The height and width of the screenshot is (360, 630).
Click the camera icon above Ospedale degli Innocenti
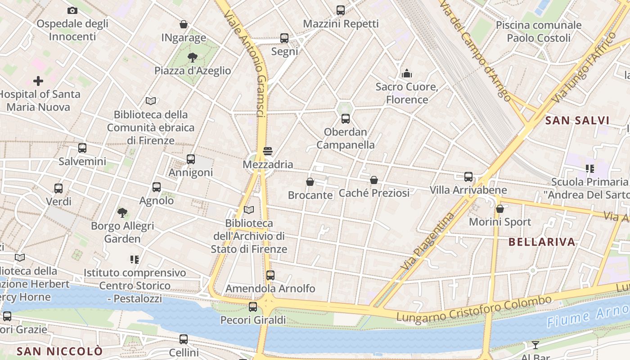click(x=72, y=10)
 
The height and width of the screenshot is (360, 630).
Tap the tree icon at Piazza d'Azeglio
click(x=193, y=57)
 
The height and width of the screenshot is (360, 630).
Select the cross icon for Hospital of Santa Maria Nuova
click(x=38, y=81)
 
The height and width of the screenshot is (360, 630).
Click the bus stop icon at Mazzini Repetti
click(x=341, y=10)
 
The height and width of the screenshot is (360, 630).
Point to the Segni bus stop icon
click(x=284, y=38)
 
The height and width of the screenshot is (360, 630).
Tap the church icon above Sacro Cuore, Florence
click(x=407, y=73)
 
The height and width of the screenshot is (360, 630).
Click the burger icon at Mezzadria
click(x=268, y=151)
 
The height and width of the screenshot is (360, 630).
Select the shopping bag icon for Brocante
click(x=310, y=182)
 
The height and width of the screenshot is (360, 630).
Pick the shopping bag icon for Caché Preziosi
click(x=374, y=180)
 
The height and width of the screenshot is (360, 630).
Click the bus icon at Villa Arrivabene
click(x=468, y=177)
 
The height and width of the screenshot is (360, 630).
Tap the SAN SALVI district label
click(x=577, y=121)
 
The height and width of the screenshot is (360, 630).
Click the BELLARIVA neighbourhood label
click(x=542, y=242)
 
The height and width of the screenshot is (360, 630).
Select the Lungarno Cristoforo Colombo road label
click(x=473, y=309)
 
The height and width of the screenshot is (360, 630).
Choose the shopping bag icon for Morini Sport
click(x=500, y=209)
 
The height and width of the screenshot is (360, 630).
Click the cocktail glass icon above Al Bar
click(x=535, y=345)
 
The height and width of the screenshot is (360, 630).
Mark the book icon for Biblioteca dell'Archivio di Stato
click(x=248, y=210)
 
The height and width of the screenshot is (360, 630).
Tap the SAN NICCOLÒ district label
click(x=60, y=351)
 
